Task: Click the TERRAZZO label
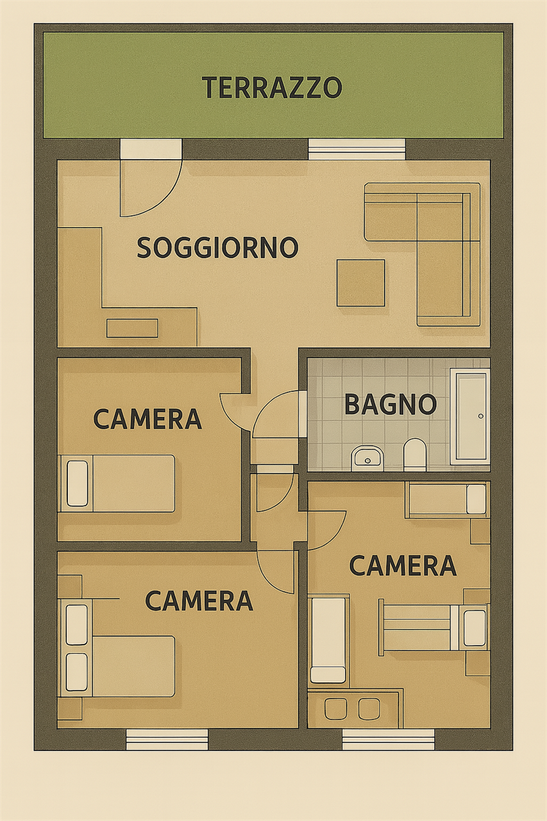pyautogui.click(x=272, y=87)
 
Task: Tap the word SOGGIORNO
pyautogui.click(x=217, y=248)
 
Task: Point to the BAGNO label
pyautogui.click(x=391, y=404)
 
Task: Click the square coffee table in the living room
pyautogui.click(x=361, y=283)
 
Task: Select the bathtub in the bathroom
pyautogui.click(x=471, y=418)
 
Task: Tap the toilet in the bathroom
pyautogui.click(x=415, y=455)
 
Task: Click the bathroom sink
pyautogui.click(x=367, y=458)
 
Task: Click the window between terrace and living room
pyautogui.click(x=357, y=149)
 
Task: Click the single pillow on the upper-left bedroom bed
pyautogui.click(x=78, y=483)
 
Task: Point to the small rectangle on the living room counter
pyautogui.click(x=132, y=328)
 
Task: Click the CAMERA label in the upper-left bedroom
pyautogui.click(x=147, y=419)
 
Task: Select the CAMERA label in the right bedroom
pyautogui.click(x=403, y=566)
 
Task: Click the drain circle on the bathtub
pyautogui.click(x=481, y=416)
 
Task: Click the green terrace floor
pyautogui.click(x=273, y=117)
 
